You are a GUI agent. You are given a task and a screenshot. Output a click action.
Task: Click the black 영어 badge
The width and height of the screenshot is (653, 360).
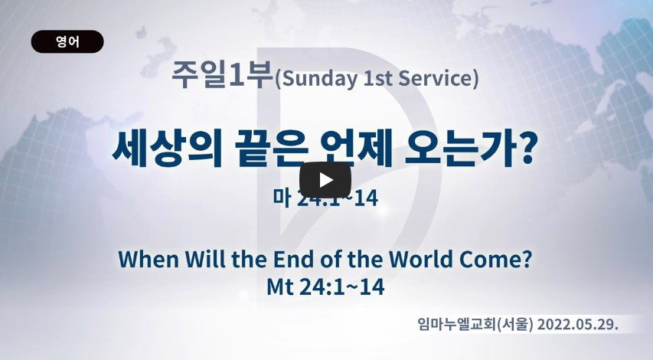(67, 41)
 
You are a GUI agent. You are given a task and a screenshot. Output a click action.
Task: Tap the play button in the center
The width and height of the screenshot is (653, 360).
(325, 180)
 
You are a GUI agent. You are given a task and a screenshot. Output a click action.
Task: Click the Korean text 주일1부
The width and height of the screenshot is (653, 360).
(222, 75)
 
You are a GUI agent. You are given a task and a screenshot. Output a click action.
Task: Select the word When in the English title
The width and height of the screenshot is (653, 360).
(149, 259)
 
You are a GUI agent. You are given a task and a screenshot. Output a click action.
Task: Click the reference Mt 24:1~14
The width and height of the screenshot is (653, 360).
(325, 286)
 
